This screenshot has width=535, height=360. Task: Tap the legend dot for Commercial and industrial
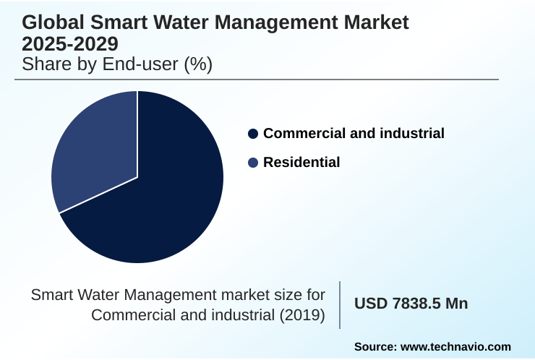pyautogui.click(x=252, y=134)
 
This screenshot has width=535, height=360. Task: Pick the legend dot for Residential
pyautogui.click(x=252, y=163)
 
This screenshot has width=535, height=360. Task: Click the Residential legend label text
pyautogui.click(x=301, y=163)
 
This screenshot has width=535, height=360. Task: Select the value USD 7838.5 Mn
pyautogui.click(x=411, y=304)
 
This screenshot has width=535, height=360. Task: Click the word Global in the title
pyautogui.click(x=52, y=22)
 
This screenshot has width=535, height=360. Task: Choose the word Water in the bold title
pyautogui.click(x=179, y=22)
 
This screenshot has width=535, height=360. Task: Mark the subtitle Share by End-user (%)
pyautogui.click(x=117, y=64)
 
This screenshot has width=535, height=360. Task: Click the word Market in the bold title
pyautogui.click(x=375, y=22)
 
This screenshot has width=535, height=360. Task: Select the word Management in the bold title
pyautogui.click(x=278, y=22)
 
